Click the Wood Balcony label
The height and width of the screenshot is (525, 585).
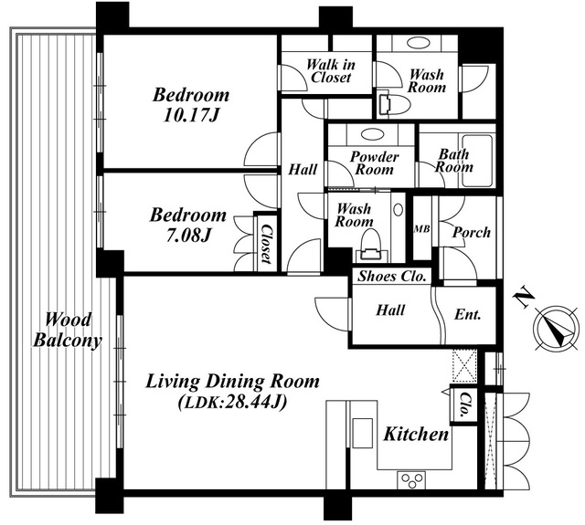pos(68,331)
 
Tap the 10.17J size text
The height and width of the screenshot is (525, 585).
pos(191,116)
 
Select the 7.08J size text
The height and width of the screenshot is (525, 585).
pos(188,236)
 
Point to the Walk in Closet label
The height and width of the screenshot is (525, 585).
pos(331,71)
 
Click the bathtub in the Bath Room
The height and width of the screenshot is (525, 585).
pos(477,161)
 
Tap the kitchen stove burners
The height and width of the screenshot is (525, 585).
pos(411,480)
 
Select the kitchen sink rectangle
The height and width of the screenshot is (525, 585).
pos(363,433)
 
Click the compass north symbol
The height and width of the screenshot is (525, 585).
pos(556,327)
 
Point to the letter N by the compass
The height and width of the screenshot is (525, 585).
pos(524,298)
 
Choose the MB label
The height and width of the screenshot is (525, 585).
pos(422,229)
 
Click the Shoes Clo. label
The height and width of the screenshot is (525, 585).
pos(392,277)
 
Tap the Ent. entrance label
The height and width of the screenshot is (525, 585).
pos(467,315)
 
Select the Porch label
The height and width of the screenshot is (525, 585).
pos(472,233)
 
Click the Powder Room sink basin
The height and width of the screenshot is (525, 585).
pos(372,134)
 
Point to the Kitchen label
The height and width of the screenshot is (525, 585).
pos(416,435)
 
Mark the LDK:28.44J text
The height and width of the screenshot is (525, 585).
pos(233,402)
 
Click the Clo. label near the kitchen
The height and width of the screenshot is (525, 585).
pos(464,404)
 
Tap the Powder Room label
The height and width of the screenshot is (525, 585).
pos(374,163)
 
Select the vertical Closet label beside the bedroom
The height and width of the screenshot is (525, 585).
pos(266,244)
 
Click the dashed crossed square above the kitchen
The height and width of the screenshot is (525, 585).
pos(464,366)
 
